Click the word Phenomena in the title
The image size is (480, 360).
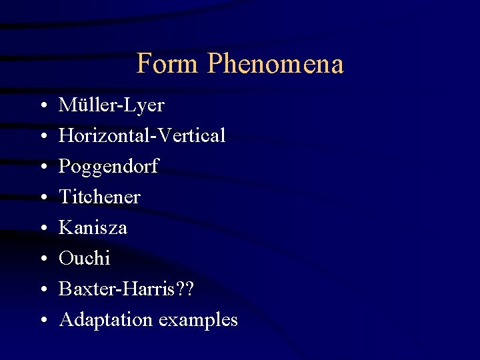[x=275, y=64]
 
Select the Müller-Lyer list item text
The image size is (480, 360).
[x=111, y=105]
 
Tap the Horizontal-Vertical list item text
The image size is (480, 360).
[x=142, y=136]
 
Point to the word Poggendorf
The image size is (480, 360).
[x=109, y=167]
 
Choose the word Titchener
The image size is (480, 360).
[x=99, y=197]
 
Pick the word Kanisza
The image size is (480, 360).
[x=93, y=228]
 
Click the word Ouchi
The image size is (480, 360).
[x=85, y=259]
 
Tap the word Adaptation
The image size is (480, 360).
[x=106, y=320]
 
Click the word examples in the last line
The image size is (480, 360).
[x=198, y=320]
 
